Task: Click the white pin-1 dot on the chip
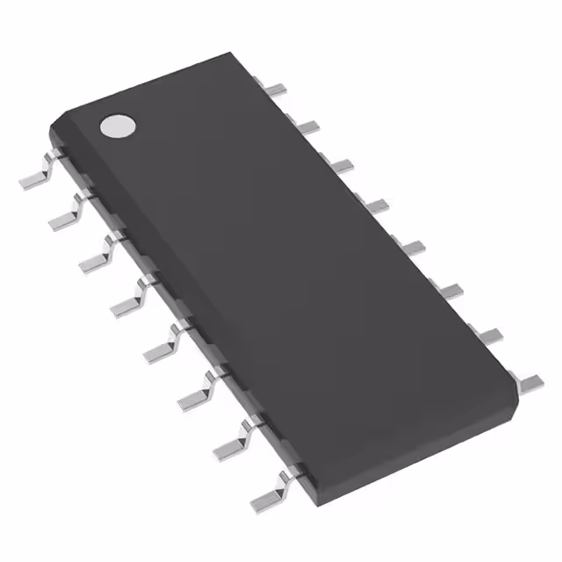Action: [118, 126]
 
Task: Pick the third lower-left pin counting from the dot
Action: [99, 256]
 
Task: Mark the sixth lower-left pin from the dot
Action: [195, 393]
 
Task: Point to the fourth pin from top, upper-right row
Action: [376, 205]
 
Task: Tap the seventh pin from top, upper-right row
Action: [488, 334]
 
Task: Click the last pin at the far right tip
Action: [530, 382]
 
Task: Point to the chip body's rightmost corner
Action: [516, 386]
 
